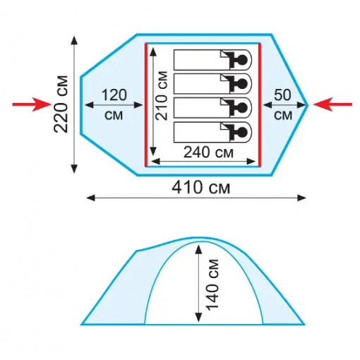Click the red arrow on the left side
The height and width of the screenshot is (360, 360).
click(32, 104)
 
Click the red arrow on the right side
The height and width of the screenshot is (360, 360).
click(332, 104)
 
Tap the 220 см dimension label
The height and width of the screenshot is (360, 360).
click(61, 104)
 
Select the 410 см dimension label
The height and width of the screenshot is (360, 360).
click(201, 188)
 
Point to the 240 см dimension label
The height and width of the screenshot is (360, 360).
click(208, 152)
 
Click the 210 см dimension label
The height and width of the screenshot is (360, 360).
click(163, 95)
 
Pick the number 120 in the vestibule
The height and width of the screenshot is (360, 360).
click(114, 95)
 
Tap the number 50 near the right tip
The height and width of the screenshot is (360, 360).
click(282, 95)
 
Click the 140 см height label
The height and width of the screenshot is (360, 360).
click(212, 284)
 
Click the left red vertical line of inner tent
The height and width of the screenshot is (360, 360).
click(146, 104)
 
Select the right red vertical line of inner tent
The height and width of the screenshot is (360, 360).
click(260, 104)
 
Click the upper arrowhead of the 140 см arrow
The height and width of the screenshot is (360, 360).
click(199, 249)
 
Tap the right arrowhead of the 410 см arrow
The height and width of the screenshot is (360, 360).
click(301, 198)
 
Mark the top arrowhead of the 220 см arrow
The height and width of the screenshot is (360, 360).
click(74, 40)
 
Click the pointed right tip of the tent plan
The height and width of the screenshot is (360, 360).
click(308, 105)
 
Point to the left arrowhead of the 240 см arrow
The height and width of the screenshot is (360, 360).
click(155, 162)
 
